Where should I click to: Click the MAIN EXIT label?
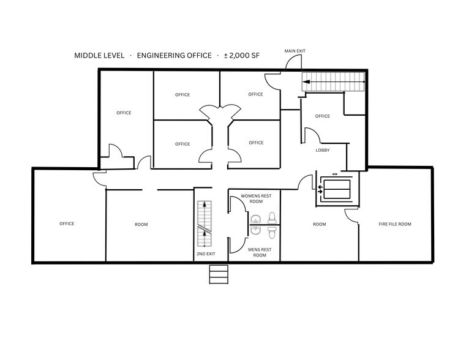pyautogui.click(x=295, y=50)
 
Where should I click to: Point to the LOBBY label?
pyautogui.click(x=323, y=150)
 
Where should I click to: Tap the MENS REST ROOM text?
pyautogui.click(x=260, y=252)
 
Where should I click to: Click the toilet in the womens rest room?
pyautogui.click(x=272, y=217)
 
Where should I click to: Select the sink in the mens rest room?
pyautogui.click(x=255, y=231)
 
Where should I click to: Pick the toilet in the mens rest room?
pyautogui.click(x=272, y=232)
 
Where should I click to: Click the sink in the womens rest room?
pyautogui.click(x=255, y=218)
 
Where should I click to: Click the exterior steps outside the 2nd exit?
pyautogui.click(x=219, y=274)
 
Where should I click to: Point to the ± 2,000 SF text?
pyautogui.click(x=242, y=56)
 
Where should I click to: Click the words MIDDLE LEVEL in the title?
pyautogui.click(x=99, y=56)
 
